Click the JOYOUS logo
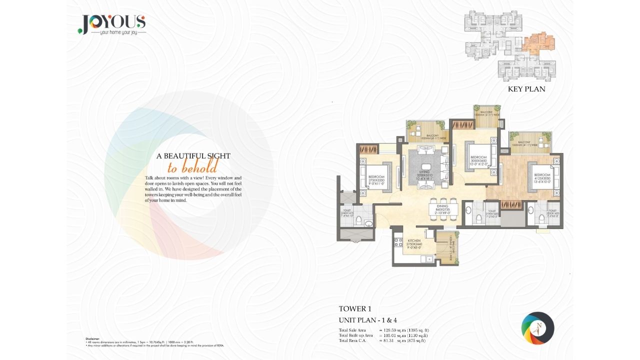coord(111,23)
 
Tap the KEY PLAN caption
coord(526,89)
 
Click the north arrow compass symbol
coord(537,328)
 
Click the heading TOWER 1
coord(355,309)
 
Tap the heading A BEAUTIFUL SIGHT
coord(193,156)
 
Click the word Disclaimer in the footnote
coord(92,338)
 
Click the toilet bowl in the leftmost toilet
coord(368,223)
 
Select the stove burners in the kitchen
coord(398,243)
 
